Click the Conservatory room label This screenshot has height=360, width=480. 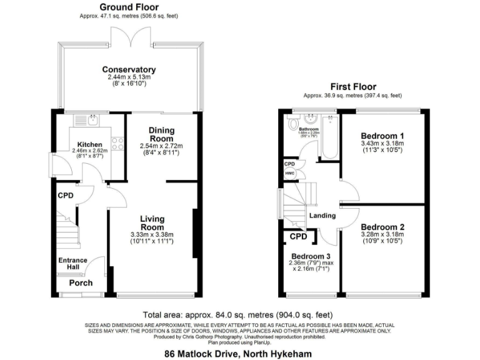[x=129, y=69]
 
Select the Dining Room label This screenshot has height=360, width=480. [x=161, y=134]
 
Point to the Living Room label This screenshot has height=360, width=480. [x=152, y=222]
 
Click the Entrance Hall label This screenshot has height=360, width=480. [x=73, y=264]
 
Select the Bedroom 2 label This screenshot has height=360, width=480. [x=382, y=227]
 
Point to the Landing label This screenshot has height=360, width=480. [x=322, y=216]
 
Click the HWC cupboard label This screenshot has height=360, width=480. [x=289, y=173]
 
